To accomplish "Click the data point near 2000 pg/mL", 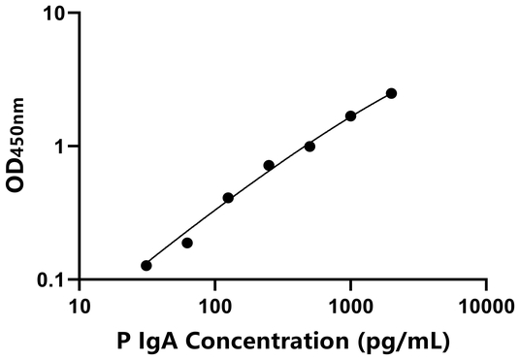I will coord(391,93).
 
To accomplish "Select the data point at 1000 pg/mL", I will coord(350,116).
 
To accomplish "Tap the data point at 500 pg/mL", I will coord(309,147).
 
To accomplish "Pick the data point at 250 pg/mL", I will coord(269,166).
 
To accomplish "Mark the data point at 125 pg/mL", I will coord(228,198).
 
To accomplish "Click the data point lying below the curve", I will coord(187,243).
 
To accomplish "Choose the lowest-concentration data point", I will coord(146,266).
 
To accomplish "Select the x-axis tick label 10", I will coord(81,308).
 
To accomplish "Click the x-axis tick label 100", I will coord(215,308).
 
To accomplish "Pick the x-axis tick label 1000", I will coord(350,308).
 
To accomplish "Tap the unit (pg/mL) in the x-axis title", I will coord(407,342).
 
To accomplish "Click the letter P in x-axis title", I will coord(123,341).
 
